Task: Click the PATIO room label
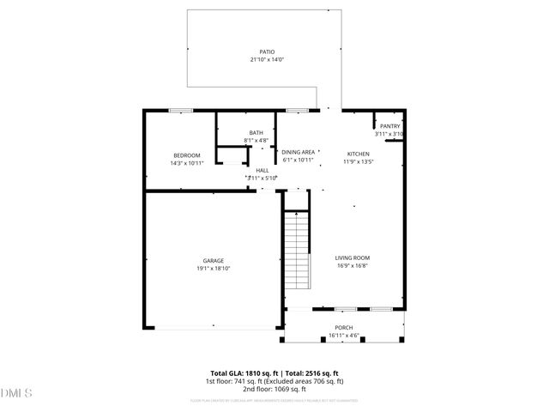coord(268,51)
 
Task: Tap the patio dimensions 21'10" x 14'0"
coord(267,60)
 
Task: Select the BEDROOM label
coord(186,155)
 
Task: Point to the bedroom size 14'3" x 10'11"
coord(186,163)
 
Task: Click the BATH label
coord(256,132)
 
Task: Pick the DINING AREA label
coord(299,152)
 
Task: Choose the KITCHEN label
coord(358,154)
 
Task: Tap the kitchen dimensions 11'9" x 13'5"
coord(358,161)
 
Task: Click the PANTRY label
coord(390,126)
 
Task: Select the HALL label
coord(262,170)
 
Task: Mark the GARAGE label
coord(214,260)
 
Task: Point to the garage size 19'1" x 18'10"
coord(214,268)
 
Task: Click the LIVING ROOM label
coord(353,257)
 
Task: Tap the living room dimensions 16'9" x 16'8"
coord(353,265)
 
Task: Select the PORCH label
coord(343,328)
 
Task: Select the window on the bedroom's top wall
coord(180,110)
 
